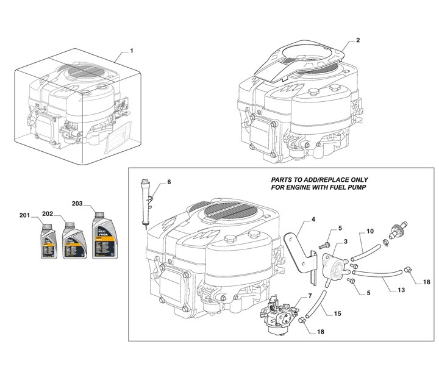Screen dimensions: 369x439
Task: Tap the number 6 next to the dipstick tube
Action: click(x=169, y=182)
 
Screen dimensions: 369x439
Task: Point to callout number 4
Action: click(x=313, y=219)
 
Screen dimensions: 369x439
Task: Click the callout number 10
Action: click(x=369, y=232)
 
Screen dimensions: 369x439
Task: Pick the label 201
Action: click(x=24, y=216)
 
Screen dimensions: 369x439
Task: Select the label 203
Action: click(x=77, y=203)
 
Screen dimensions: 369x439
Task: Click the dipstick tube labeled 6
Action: click(x=146, y=201)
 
